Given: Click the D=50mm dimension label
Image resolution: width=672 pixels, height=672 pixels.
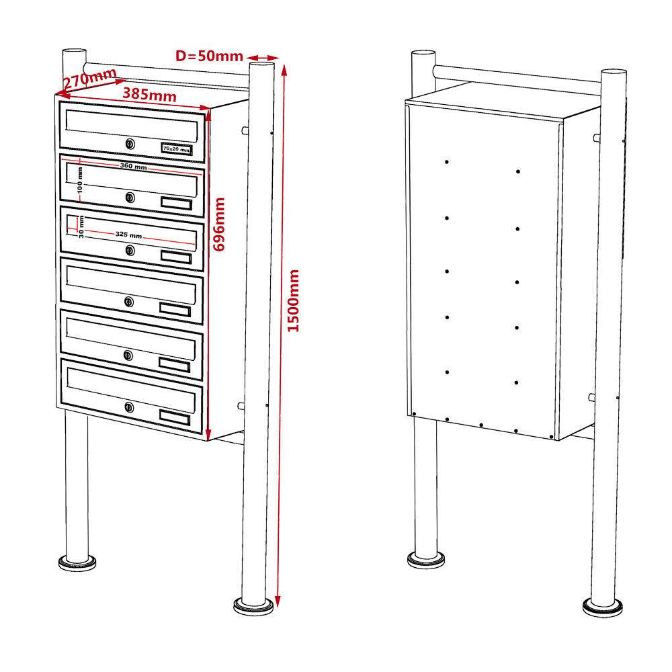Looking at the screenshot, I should pyautogui.click(x=209, y=56).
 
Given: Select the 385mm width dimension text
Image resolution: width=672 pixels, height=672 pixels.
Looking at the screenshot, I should pyautogui.click(x=149, y=95).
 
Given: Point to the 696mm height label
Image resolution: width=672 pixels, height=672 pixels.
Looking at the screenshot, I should pyautogui.click(x=219, y=224).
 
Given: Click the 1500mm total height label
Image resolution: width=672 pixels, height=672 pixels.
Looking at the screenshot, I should pyautogui.click(x=293, y=300).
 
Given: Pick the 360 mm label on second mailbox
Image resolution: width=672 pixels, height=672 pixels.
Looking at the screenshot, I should pyautogui.click(x=133, y=166).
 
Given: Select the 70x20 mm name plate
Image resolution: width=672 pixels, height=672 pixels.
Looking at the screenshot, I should pyautogui.click(x=176, y=149).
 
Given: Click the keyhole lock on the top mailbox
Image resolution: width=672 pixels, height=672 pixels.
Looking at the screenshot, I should pyautogui.click(x=130, y=143).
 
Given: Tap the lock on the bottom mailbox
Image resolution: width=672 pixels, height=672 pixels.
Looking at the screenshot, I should pyautogui.click(x=129, y=407).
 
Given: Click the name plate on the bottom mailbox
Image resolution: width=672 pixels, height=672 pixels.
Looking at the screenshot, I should pyautogui.click(x=175, y=417).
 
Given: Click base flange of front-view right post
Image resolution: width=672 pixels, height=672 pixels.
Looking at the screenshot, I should pyautogui.click(x=255, y=605).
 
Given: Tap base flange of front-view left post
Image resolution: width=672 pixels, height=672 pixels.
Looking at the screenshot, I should pyautogui.click(x=75, y=562).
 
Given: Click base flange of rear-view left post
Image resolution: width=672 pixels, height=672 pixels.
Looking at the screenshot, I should pyautogui.click(x=425, y=560).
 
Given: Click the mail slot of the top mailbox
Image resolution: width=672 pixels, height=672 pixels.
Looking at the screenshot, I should pyautogui.click(x=132, y=124).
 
